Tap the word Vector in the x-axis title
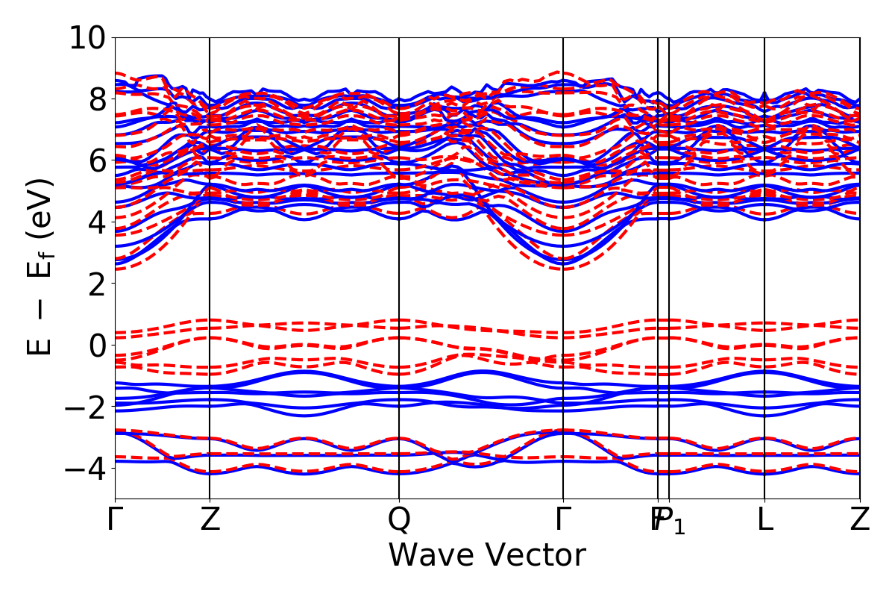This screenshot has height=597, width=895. point(537,556)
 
